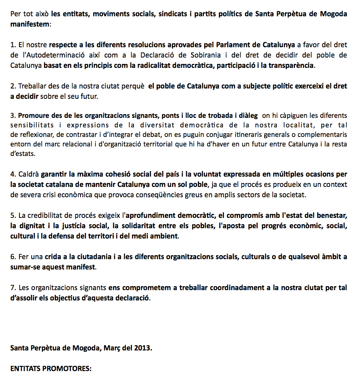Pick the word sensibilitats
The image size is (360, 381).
tap(31, 126)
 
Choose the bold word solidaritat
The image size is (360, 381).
tap(136, 225)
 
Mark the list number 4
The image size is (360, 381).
tap(13, 174)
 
